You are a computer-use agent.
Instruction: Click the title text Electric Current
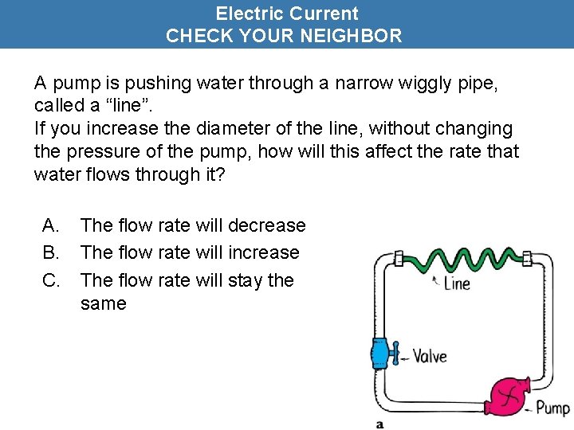point(287,14)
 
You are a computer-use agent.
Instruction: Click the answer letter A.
point(49,225)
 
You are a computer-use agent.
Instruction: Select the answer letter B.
point(49,252)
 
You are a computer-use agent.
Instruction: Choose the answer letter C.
point(49,280)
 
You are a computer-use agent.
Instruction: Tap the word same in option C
point(103,303)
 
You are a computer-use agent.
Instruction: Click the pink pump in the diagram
point(507,393)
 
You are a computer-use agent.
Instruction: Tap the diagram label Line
point(457,283)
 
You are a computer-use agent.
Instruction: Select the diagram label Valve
point(429,357)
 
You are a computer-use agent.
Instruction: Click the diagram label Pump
point(552,408)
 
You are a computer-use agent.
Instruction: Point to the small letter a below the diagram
point(379,424)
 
